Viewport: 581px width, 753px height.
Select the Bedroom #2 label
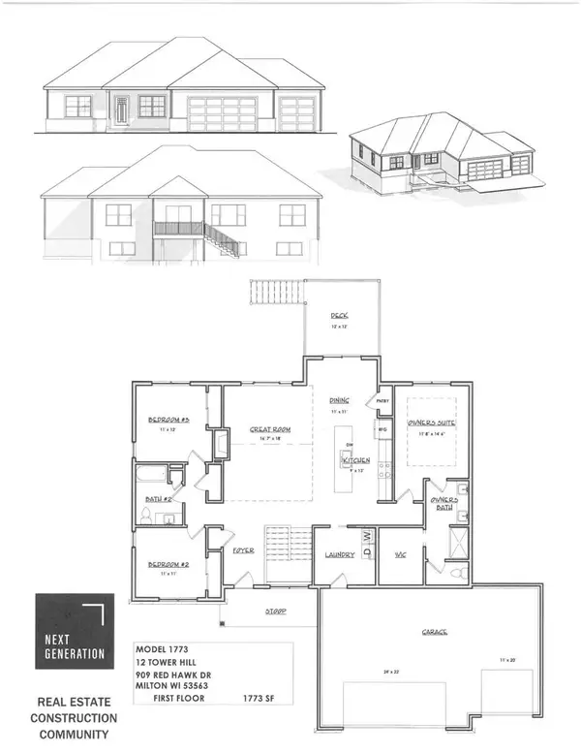(168, 564)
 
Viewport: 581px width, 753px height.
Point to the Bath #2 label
(159, 500)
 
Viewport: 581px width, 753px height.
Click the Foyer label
(242, 549)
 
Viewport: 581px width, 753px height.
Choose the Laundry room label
(340, 554)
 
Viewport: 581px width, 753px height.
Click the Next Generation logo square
(71, 630)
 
